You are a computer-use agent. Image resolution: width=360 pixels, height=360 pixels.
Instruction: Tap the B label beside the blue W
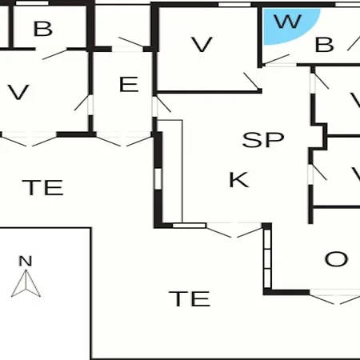pos(324,45)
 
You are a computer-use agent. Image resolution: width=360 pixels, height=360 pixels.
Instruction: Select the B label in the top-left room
pos(43,29)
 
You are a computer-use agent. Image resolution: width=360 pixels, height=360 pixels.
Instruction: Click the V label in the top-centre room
pos(202,45)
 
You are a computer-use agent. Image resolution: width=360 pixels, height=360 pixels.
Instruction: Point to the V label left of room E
pos(18,92)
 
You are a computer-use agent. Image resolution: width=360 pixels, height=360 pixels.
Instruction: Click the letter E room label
pos(129,84)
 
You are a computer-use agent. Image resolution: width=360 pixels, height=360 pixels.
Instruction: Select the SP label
pos(263,139)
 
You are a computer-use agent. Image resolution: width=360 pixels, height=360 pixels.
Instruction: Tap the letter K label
pos(239,180)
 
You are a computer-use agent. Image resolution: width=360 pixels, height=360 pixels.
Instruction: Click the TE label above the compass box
pos(42,187)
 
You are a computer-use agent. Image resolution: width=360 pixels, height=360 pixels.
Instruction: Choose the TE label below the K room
pos(190,298)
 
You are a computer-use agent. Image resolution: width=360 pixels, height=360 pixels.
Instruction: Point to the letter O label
pos(336,259)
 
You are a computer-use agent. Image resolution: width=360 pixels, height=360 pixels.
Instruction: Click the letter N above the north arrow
pos(26,261)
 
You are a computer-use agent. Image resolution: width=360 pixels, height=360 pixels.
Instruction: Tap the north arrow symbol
pos(26,283)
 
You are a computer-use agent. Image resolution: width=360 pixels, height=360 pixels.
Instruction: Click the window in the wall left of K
pos(158,178)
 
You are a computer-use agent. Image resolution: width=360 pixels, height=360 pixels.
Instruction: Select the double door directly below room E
pos(123,140)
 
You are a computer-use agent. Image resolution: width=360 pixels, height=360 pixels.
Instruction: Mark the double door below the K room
pos(234,230)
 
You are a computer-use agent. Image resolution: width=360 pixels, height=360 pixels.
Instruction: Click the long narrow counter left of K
pos(170,171)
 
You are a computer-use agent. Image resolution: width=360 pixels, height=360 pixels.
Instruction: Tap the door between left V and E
pos(84,105)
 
